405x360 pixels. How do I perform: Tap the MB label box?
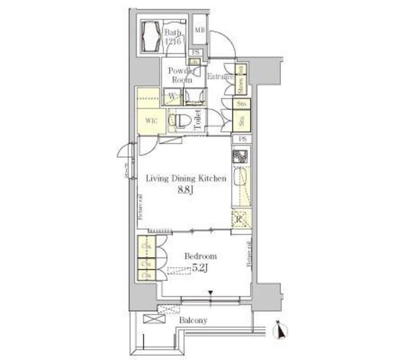(199, 30)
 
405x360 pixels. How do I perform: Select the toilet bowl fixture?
(182, 120)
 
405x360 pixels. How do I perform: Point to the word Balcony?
(192, 321)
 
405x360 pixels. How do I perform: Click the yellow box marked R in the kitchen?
(240, 219)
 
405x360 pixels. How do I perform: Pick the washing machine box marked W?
(171, 96)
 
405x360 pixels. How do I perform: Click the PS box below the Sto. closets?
(241, 139)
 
